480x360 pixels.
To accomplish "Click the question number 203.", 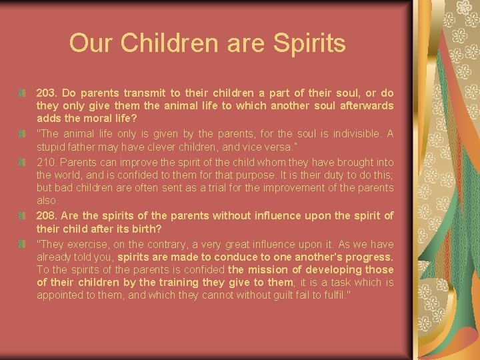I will coord(47,93).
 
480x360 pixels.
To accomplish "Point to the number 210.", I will coord(47,161).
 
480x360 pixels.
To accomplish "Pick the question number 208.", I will coord(47,215).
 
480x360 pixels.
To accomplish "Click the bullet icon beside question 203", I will coord(22,93).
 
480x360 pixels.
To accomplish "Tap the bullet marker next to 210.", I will coord(22,161).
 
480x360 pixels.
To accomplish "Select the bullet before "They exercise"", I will coord(22,244).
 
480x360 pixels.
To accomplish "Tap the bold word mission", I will coord(265,270).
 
